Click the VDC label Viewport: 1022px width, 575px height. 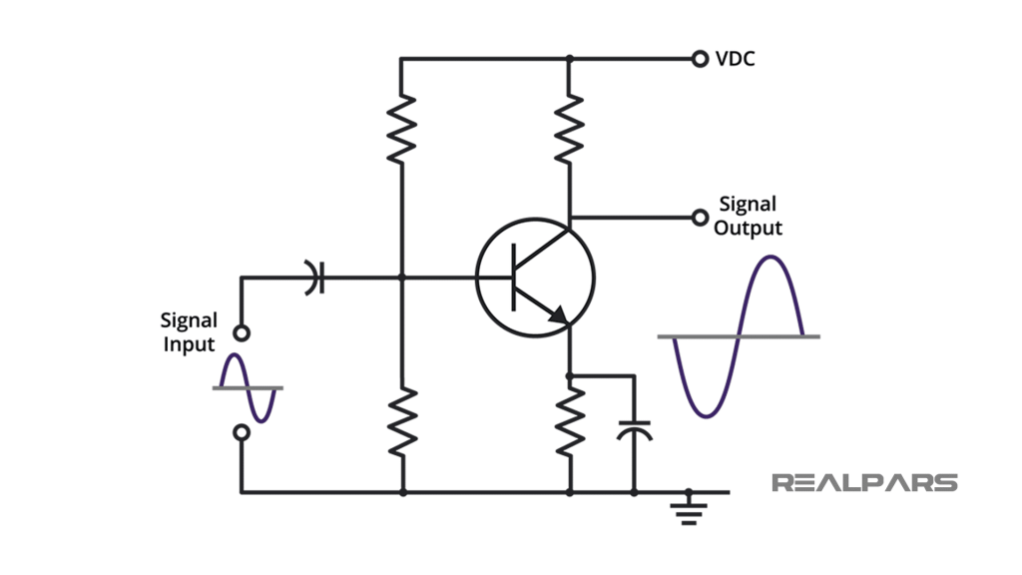[x=736, y=59]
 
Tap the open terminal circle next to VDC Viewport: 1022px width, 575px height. [x=700, y=59]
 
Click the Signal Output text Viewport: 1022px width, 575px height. [x=748, y=216]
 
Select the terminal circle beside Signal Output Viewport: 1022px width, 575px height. [x=700, y=217]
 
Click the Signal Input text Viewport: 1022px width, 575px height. [x=189, y=332]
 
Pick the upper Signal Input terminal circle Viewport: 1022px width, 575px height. [x=241, y=333]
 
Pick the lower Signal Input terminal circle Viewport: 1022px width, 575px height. [x=241, y=432]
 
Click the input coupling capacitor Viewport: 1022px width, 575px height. [x=316, y=278]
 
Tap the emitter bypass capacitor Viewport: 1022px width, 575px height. [x=634, y=431]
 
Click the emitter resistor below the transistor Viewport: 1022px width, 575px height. [x=569, y=420]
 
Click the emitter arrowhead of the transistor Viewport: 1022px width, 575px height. [x=559, y=316]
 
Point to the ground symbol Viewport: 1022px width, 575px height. [x=689, y=508]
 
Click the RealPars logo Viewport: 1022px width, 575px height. [x=864, y=483]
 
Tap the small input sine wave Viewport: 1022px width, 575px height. [x=247, y=387]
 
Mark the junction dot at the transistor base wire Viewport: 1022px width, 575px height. [x=401, y=278]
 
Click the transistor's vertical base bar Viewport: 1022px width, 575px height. [x=513, y=277]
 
